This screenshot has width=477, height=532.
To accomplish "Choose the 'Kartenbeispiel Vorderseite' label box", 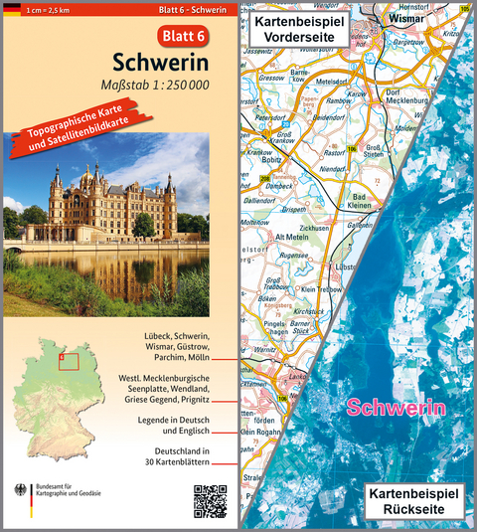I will [x=298, y=30].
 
